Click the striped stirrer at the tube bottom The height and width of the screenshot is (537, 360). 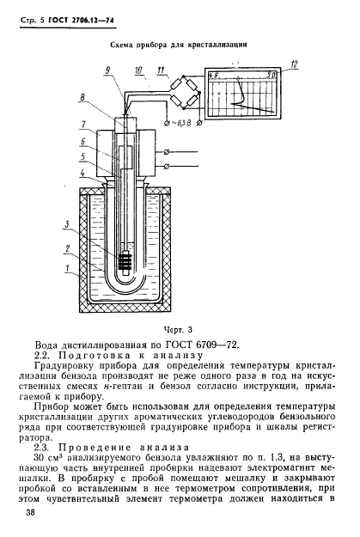point(128,259)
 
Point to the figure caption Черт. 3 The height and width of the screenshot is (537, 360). point(178,328)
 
